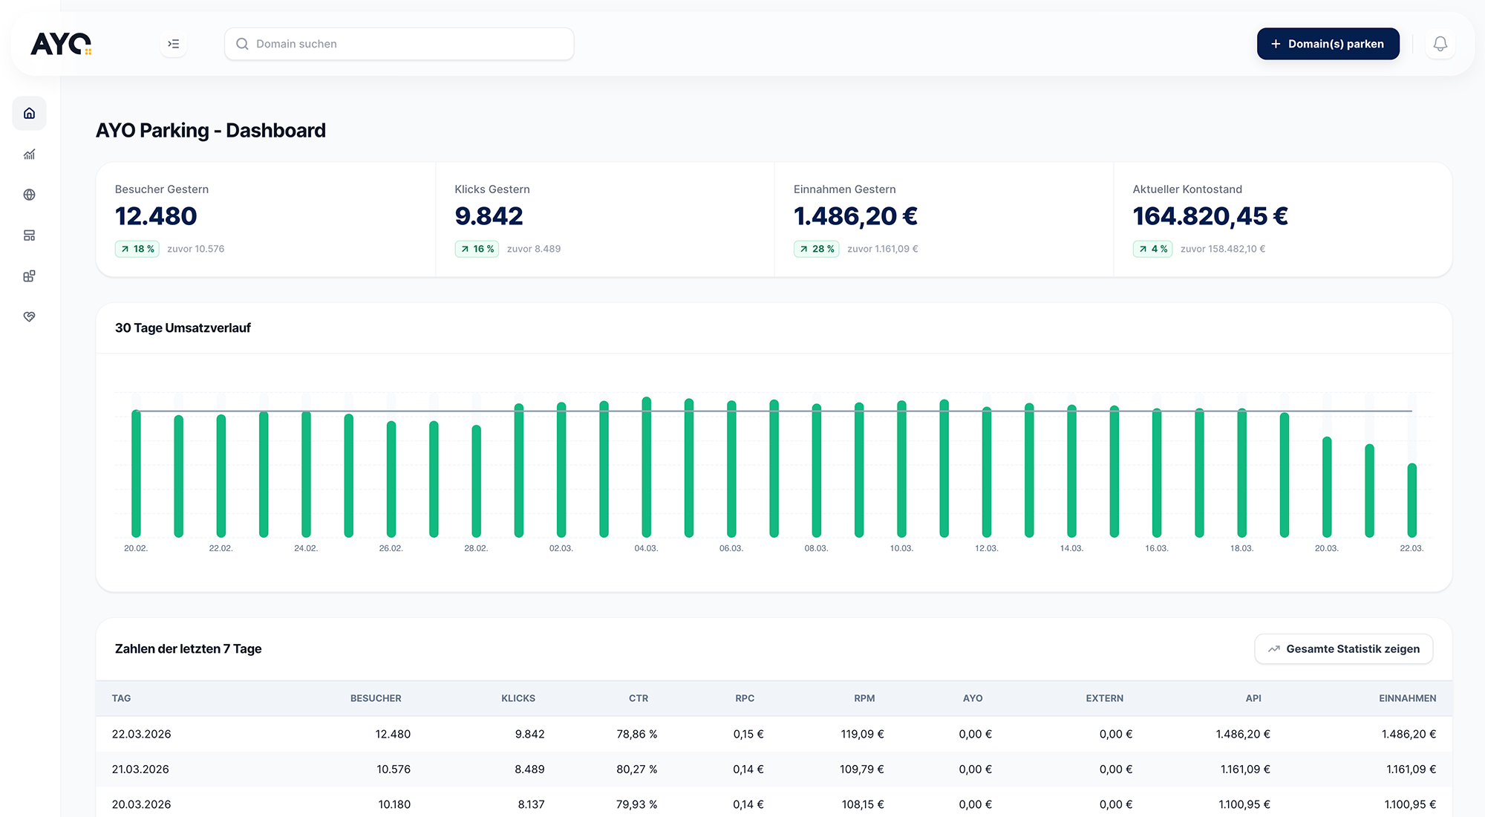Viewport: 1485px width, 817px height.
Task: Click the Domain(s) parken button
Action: point(1328,44)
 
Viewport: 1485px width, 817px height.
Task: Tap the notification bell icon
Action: point(1440,44)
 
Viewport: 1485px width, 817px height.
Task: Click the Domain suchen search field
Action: point(399,44)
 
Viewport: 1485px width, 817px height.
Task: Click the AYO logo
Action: point(61,44)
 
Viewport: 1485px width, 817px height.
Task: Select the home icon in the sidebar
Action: point(30,114)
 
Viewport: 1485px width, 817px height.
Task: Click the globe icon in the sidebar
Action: point(30,195)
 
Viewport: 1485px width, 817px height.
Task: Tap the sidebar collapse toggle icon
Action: point(173,44)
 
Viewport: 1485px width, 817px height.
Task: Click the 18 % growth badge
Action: point(137,249)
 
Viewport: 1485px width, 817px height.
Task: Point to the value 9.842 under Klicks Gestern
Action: point(489,216)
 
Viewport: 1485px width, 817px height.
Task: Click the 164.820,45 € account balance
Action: point(1210,216)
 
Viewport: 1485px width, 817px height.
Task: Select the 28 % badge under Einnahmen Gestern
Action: point(816,249)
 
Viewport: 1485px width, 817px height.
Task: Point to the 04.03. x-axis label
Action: point(646,548)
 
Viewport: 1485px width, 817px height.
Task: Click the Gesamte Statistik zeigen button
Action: point(1343,649)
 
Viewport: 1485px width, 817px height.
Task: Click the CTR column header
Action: point(638,698)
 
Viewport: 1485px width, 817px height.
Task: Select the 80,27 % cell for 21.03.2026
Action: point(636,769)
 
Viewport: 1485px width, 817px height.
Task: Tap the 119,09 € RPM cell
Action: point(862,734)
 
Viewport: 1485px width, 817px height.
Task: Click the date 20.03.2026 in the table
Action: point(141,804)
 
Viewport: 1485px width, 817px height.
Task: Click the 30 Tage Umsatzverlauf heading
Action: point(183,328)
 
